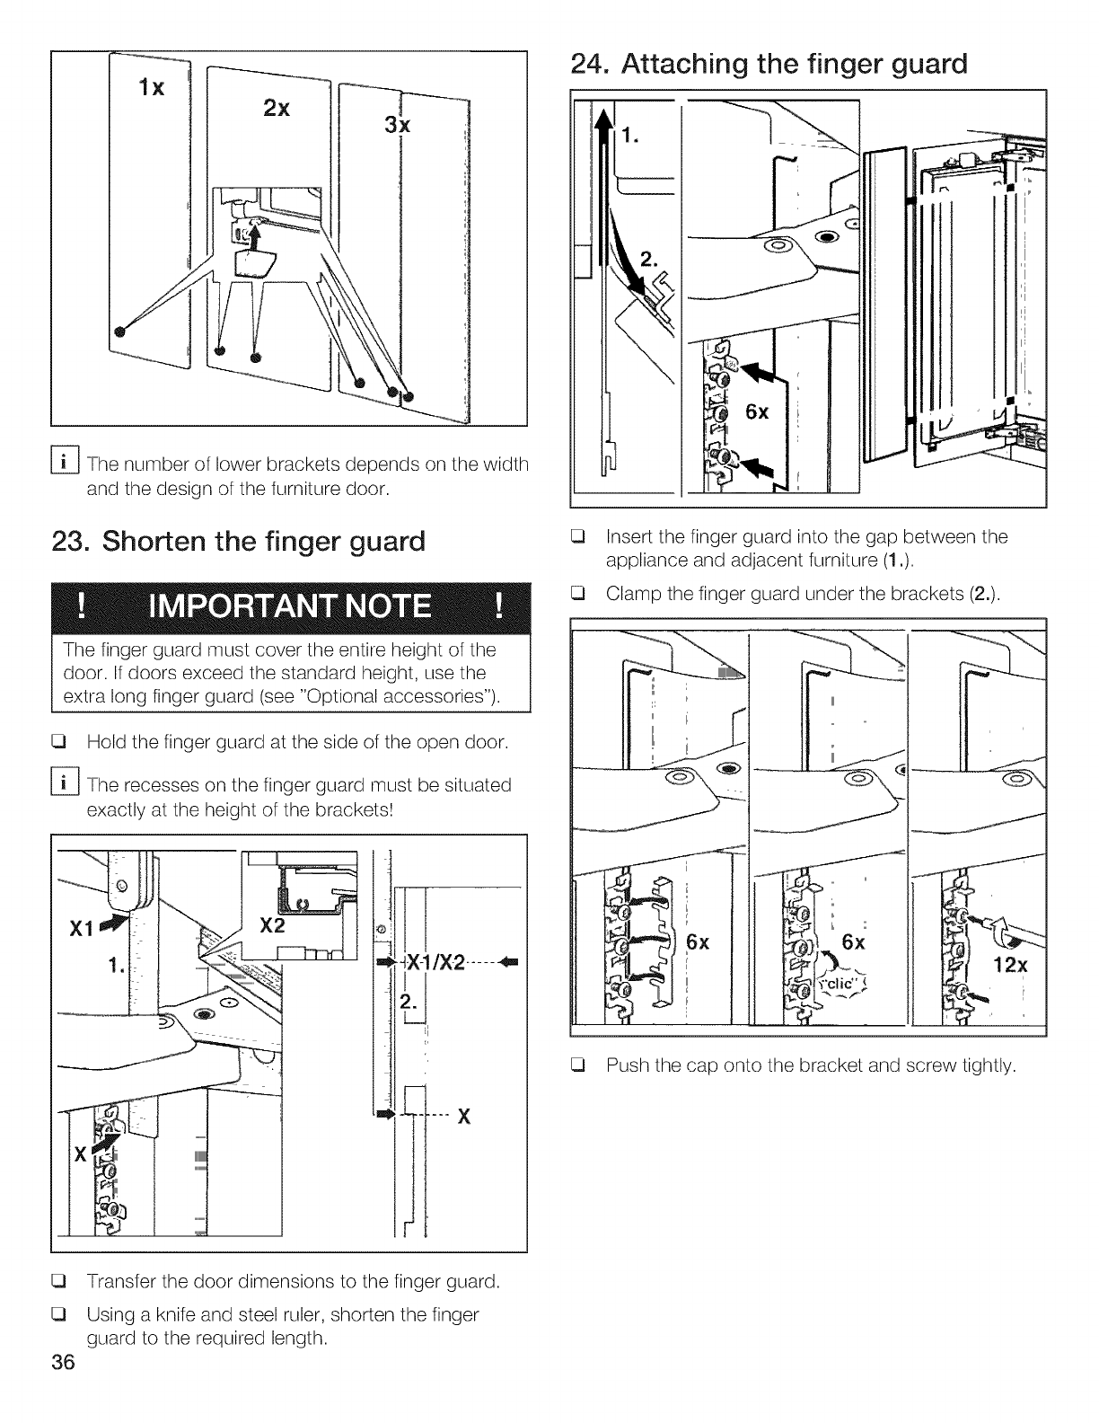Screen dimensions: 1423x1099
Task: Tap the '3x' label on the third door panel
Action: point(397,125)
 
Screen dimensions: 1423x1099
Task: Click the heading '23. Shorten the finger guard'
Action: point(263,542)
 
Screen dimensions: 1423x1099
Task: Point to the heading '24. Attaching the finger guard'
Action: point(769,64)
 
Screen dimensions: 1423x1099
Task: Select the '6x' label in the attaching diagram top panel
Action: point(757,412)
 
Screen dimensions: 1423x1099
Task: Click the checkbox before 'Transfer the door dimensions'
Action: point(65,1280)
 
